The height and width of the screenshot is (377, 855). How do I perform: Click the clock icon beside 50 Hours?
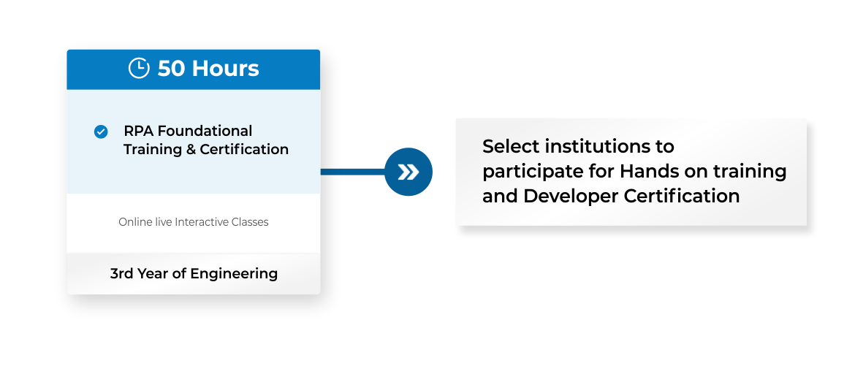[x=139, y=69]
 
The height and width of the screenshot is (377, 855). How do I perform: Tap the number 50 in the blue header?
[x=171, y=69]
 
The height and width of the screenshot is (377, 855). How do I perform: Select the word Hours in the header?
[x=225, y=69]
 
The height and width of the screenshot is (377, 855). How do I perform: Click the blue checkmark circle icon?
[x=101, y=132]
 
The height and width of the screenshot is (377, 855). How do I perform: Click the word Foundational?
[x=203, y=132]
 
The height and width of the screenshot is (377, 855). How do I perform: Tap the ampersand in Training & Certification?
[x=191, y=149]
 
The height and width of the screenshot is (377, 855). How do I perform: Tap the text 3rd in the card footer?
[x=121, y=273]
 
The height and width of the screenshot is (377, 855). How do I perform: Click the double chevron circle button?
[x=408, y=172]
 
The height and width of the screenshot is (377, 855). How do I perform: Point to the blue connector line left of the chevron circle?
[x=353, y=172]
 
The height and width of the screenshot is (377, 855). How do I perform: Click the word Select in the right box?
[x=510, y=147]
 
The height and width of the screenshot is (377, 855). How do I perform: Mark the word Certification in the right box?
[x=682, y=196]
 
